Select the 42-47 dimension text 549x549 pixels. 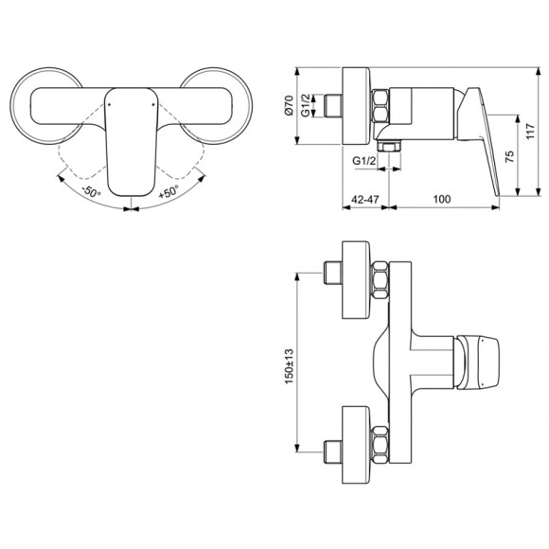click(361, 200)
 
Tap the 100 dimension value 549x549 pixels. click(440, 200)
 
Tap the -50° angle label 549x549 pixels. click(91, 192)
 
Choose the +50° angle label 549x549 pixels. click(168, 192)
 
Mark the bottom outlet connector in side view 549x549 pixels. click(388, 147)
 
